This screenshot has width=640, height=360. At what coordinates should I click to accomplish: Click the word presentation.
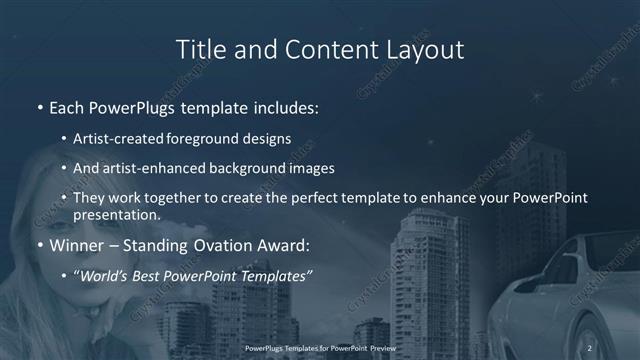115,215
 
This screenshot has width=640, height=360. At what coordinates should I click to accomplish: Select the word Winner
78,244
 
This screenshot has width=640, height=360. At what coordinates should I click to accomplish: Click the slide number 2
590,347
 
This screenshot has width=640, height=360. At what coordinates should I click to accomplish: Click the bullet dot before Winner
39,245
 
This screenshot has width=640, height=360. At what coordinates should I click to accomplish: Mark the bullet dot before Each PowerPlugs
39,107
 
